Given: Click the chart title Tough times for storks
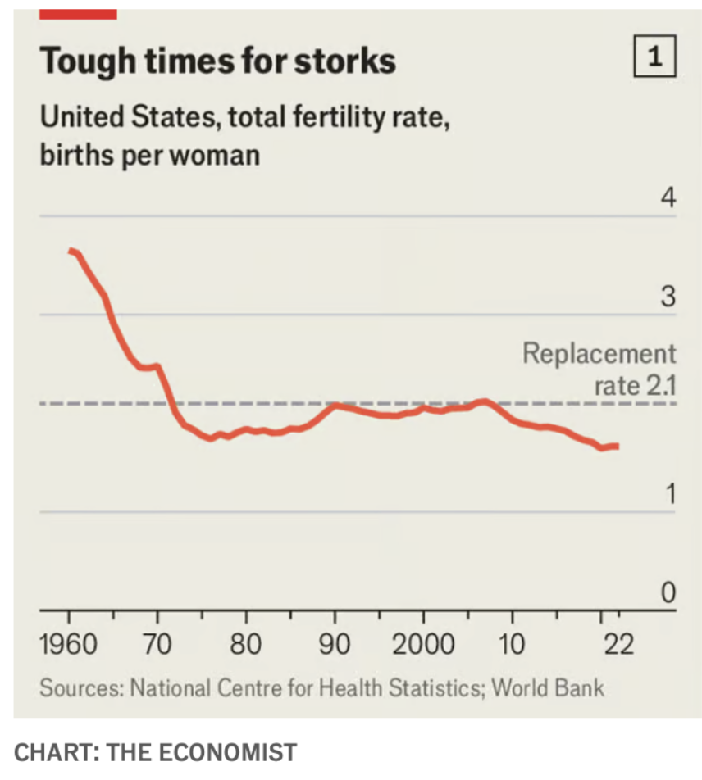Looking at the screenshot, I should pos(217,61).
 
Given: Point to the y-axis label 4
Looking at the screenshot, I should pos(668,199).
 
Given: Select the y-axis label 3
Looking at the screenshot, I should pos(668,297).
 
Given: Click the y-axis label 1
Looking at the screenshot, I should pos(669,495).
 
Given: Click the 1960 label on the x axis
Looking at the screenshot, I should pos(69,645).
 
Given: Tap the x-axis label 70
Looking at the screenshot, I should pos(157,645).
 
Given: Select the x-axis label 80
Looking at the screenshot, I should pos(245,645).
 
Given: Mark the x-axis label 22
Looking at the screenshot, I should pos(618,645).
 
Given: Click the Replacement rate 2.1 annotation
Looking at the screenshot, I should pos(599,369).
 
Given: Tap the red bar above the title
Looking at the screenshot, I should pos(79,14).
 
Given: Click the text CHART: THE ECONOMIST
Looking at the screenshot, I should pos(156,751).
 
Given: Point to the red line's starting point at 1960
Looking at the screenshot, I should pos(71,252).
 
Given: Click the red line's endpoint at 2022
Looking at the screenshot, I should pos(617,446).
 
